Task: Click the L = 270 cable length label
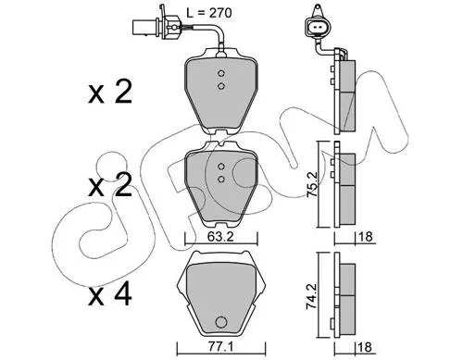tap(209, 13)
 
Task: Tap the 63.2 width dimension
tap(220, 237)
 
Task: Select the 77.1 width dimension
tap(220, 347)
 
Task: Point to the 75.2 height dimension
tap(312, 184)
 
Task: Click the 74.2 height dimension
tap(312, 297)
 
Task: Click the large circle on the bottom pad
tap(220, 323)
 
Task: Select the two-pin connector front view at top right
tap(318, 28)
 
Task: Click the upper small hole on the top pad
tap(220, 73)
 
